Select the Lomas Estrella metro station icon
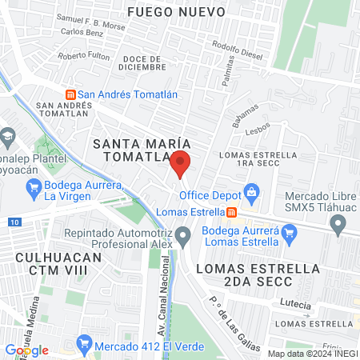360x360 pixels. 231,212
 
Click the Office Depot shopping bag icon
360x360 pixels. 252,192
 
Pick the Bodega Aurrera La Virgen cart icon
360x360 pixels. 34,189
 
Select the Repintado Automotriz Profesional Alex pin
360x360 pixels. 183,236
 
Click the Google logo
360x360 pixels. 26,350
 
